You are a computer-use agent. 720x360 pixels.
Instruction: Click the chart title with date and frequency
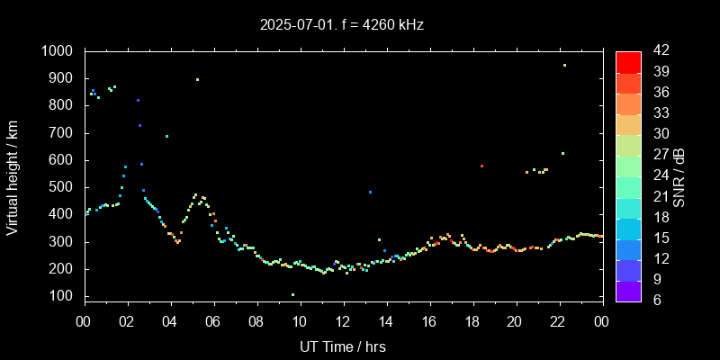(x=342, y=25)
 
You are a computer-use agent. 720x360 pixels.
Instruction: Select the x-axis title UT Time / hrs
(x=343, y=346)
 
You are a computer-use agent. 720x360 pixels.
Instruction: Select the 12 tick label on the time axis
(x=343, y=321)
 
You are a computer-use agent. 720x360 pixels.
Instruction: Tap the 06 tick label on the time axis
(x=213, y=321)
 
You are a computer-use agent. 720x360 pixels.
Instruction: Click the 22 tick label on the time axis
(x=559, y=321)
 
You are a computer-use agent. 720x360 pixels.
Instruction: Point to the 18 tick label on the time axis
(x=472, y=321)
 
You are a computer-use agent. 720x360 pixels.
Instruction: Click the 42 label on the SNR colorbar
(x=660, y=51)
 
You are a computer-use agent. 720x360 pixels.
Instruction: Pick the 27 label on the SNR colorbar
(x=660, y=155)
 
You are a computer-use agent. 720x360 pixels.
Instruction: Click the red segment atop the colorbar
(x=628, y=61)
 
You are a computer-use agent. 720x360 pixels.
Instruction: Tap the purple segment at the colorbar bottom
(x=628, y=290)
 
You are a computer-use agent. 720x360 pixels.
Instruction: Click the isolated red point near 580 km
(x=481, y=166)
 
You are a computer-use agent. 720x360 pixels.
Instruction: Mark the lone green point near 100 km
(x=292, y=294)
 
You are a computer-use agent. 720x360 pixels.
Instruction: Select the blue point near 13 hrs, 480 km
(x=370, y=192)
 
